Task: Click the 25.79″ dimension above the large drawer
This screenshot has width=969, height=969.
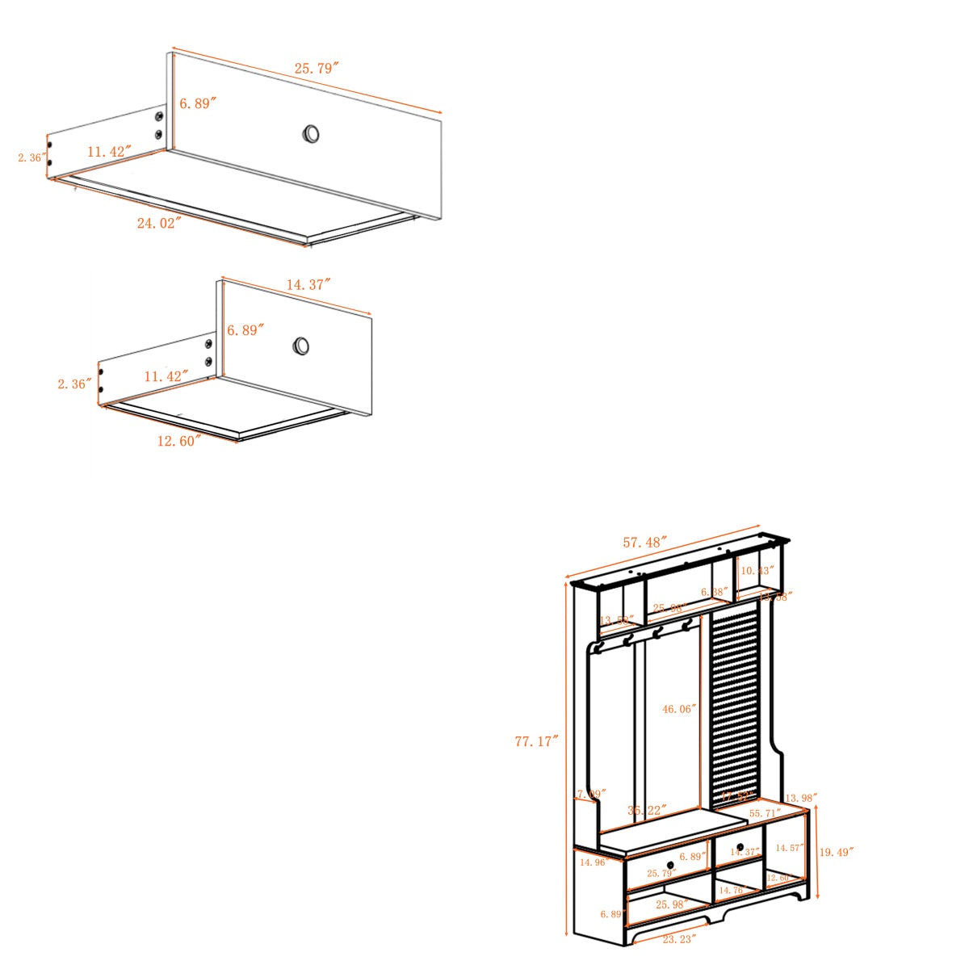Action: pyautogui.click(x=316, y=69)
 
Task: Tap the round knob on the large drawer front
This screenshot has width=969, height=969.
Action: pyautogui.click(x=311, y=133)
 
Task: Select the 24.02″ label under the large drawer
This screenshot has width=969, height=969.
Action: pyautogui.click(x=158, y=223)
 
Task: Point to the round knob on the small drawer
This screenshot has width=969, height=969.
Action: pyautogui.click(x=301, y=346)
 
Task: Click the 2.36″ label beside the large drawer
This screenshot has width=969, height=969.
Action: pyautogui.click(x=31, y=157)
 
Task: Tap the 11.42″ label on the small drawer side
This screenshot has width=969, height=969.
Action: pyautogui.click(x=166, y=375)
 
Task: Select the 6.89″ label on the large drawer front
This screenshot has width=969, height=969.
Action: pyautogui.click(x=197, y=103)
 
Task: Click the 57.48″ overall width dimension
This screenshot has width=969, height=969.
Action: pyautogui.click(x=644, y=542)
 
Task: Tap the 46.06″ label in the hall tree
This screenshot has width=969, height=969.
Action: pyautogui.click(x=679, y=709)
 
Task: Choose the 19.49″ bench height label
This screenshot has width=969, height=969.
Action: pyautogui.click(x=836, y=851)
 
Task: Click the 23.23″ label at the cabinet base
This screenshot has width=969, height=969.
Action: pyautogui.click(x=679, y=939)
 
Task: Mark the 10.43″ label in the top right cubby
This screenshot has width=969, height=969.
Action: pyautogui.click(x=757, y=571)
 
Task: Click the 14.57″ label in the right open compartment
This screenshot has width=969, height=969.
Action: pyautogui.click(x=789, y=848)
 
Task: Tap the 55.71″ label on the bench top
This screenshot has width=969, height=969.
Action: pyautogui.click(x=765, y=813)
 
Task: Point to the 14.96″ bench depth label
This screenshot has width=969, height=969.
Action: pyautogui.click(x=594, y=862)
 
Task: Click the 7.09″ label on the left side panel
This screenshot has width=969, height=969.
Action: pyautogui.click(x=591, y=795)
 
